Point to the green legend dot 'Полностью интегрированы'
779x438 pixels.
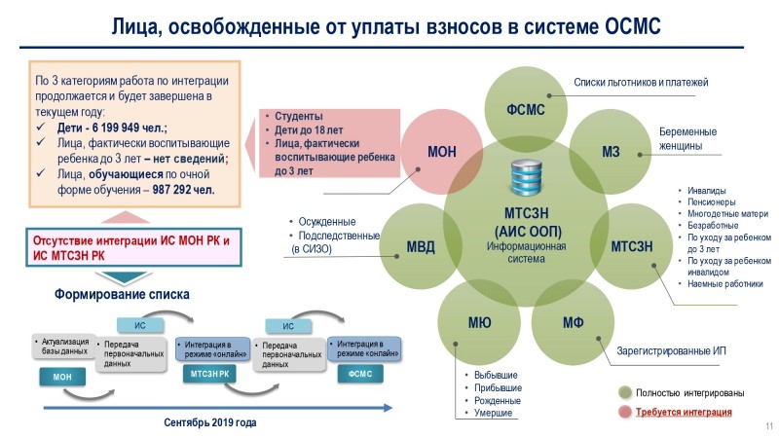pyautogui.click(x=625, y=392)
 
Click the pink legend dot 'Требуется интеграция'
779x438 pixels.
pyautogui.click(x=625, y=412)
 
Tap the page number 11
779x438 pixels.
pyautogui.click(x=767, y=427)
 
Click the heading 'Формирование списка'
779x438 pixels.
pyautogui.click(x=122, y=294)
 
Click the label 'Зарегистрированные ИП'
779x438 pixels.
pyautogui.click(x=672, y=350)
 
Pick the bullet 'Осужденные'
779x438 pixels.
pyautogui.click(x=327, y=221)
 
